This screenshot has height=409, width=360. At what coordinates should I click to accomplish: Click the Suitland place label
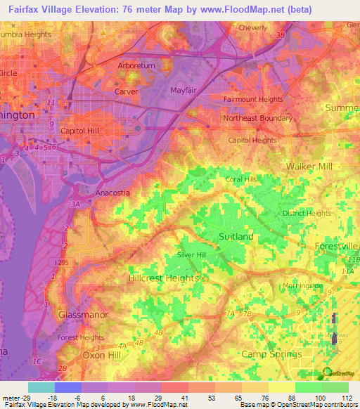236,237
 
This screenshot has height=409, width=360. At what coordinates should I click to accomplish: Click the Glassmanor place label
83,315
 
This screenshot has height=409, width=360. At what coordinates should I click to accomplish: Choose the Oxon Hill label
90,355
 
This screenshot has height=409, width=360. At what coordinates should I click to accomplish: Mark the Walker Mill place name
309,166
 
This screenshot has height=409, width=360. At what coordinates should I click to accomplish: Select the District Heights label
307,214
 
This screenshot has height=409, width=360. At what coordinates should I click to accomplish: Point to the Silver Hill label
191,255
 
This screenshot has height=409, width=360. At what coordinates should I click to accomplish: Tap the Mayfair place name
185,91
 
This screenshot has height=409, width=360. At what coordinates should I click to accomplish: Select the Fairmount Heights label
254,100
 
